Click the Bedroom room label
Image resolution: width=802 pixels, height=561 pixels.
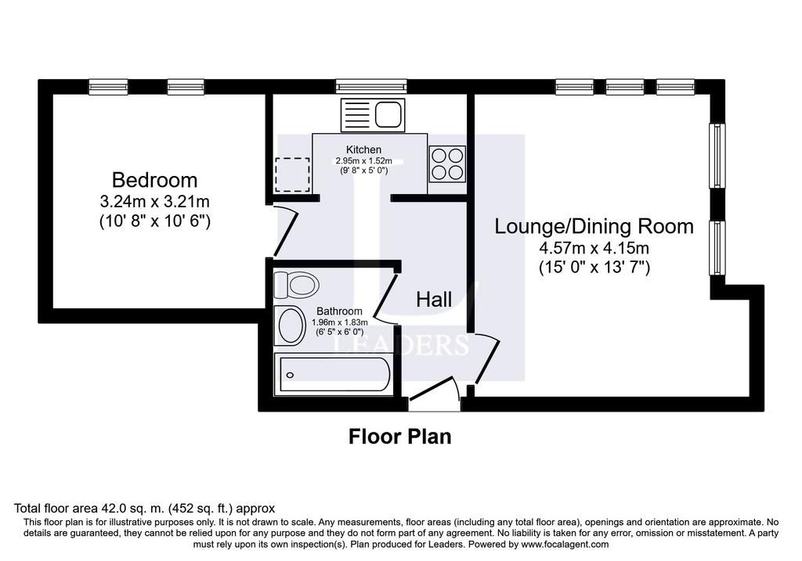(154, 181)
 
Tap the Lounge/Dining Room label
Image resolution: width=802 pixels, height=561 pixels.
(594, 226)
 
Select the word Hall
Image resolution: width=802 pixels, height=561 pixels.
(434, 300)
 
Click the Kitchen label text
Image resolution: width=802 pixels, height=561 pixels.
(363, 149)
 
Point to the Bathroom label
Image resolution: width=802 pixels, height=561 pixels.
(339, 311)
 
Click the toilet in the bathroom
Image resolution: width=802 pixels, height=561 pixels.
(296, 285)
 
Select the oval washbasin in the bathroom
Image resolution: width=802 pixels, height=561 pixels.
(290, 325)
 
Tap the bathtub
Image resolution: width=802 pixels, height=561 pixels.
(333, 374)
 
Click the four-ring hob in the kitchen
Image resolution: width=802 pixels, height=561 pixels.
(447, 164)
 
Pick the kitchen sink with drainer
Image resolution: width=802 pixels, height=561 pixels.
(373, 114)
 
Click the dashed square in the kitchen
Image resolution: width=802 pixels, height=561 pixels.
(293, 174)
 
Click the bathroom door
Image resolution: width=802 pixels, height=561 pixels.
(386, 298)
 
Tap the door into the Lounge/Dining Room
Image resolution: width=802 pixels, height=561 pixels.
(486, 358)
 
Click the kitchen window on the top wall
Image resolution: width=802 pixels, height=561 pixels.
(371, 86)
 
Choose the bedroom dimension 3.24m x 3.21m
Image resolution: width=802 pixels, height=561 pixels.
(154, 201)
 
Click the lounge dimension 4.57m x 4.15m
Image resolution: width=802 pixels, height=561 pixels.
(594, 248)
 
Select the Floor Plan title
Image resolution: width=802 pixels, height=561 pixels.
(400, 437)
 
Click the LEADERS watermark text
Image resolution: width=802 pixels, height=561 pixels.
(401, 345)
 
